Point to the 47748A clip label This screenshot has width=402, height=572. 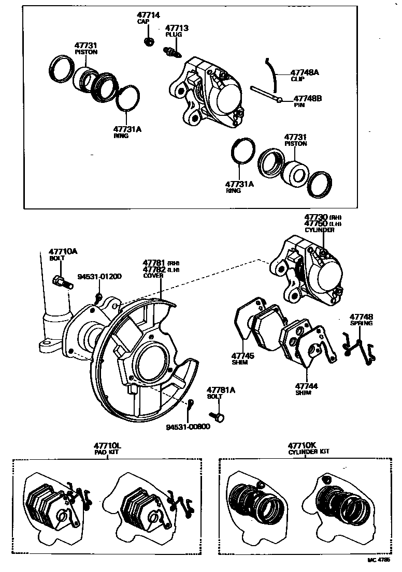[304, 73]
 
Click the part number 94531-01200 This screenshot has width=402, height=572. [100, 277]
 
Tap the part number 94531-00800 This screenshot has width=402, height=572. [188, 427]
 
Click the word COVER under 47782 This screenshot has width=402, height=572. [153, 276]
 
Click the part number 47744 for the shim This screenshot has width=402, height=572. [307, 386]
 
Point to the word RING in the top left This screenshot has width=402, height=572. [121, 136]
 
